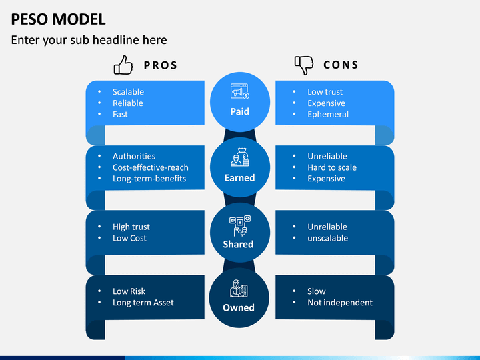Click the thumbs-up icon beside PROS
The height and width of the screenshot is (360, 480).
123,65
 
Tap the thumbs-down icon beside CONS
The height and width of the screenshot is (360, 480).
304,65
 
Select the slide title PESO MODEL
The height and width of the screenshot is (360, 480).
58,19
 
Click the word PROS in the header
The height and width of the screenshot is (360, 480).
161,65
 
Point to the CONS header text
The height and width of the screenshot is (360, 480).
341,65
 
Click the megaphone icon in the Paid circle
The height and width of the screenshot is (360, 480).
240,91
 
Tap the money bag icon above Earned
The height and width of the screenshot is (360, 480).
240,157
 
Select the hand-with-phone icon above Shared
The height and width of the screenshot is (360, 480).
240,225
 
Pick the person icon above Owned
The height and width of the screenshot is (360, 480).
239,289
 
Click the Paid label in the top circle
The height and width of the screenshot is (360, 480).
240,111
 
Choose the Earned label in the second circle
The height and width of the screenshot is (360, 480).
240,178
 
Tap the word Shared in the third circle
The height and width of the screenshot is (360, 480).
238,244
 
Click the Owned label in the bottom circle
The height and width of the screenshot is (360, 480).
239,307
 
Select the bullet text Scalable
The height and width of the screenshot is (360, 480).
128,92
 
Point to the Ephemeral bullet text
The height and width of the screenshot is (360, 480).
328,115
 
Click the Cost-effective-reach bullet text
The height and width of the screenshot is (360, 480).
151,167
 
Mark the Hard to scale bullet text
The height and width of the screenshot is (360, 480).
332,167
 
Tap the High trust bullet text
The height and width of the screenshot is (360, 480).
131,227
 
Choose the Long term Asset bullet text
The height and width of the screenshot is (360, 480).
143,303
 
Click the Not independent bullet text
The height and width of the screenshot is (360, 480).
340,303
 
